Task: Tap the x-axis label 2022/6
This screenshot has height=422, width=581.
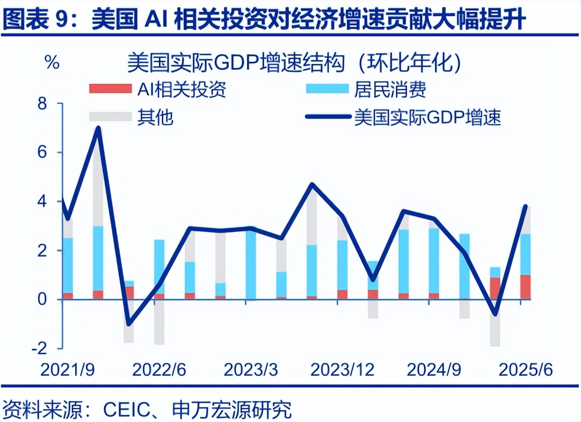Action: (159, 370)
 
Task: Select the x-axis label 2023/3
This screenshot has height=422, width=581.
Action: (250, 370)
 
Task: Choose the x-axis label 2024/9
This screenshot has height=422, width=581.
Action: (433, 370)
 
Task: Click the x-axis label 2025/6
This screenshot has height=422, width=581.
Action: (525, 370)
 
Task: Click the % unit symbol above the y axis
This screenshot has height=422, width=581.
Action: (52, 62)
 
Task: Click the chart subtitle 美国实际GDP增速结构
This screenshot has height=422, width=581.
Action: (236, 63)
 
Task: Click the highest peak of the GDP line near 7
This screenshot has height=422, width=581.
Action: (98, 128)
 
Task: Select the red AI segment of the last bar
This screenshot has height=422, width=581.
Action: (525, 287)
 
